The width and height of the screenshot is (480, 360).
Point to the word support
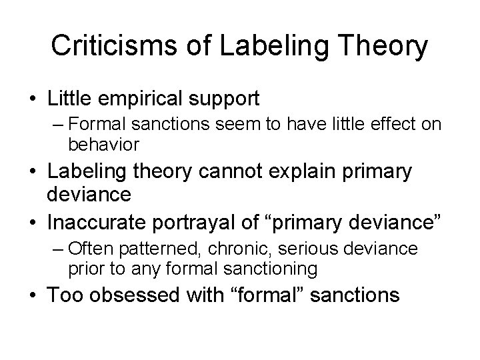tap(223, 99)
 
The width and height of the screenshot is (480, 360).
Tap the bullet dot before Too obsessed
tap(32, 294)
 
